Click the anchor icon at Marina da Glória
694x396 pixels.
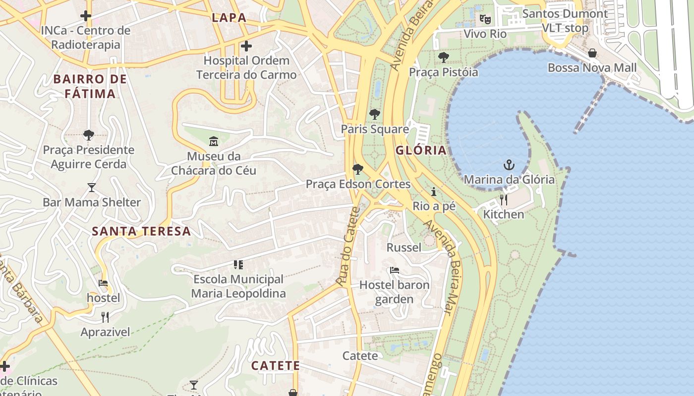[x=509, y=165]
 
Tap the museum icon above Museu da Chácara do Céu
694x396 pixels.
[x=214, y=142]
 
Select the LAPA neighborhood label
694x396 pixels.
[x=229, y=18]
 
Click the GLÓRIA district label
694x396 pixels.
[x=421, y=150]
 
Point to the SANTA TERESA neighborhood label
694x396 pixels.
[x=141, y=231]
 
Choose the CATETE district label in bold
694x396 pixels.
[x=275, y=366]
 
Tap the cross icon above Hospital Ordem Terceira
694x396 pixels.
[x=246, y=47]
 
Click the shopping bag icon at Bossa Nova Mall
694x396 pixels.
[x=592, y=53]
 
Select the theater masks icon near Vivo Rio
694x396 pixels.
[x=485, y=19]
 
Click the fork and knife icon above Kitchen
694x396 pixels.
[x=504, y=200]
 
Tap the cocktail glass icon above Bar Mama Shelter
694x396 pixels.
[x=92, y=188]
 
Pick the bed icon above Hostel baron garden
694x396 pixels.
[x=395, y=270]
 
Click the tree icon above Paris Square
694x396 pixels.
[x=375, y=114]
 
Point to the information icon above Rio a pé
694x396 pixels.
[x=434, y=192]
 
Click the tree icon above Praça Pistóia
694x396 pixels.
[x=443, y=57]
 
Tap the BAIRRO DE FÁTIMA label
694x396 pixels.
[x=90, y=87]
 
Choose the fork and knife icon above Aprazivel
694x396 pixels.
[x=105, y=317]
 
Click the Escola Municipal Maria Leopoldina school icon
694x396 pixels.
[x=238, y=265]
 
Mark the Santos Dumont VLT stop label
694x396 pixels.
[x=565, y=21]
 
